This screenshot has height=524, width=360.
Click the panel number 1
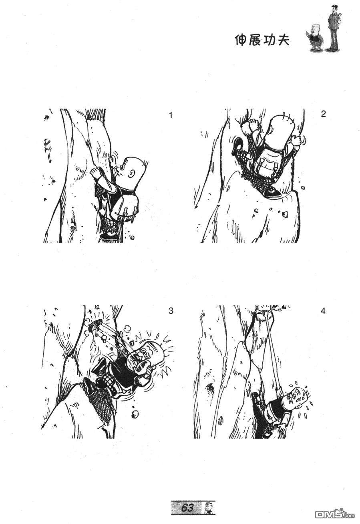(x=171, y=115)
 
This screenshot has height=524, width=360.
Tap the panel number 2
(x=324, y=114)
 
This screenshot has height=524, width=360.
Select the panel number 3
(x=171, y=311)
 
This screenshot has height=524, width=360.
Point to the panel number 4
(x=323, y=311)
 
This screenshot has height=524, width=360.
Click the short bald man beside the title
(x=314, y=37)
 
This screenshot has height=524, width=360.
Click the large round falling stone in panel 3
(x=135, y=415)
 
